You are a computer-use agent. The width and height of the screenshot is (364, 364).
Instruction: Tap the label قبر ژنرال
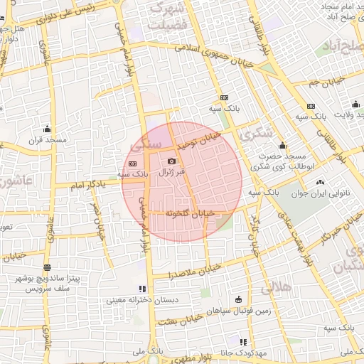(171, 172)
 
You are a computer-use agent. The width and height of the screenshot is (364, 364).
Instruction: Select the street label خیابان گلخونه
(190, 213)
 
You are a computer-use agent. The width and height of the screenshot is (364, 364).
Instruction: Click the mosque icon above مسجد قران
(47, 129)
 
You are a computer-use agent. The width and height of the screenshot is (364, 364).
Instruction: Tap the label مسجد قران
(47, 140)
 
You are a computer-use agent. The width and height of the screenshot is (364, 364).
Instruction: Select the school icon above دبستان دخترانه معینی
(142, 289)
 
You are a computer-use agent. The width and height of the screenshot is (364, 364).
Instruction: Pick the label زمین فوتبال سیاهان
(238, 310)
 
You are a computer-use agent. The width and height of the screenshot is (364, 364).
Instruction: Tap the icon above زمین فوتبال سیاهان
(238, 299)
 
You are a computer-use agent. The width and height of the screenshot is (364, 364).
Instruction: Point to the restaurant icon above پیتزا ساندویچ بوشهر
(47, 268)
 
